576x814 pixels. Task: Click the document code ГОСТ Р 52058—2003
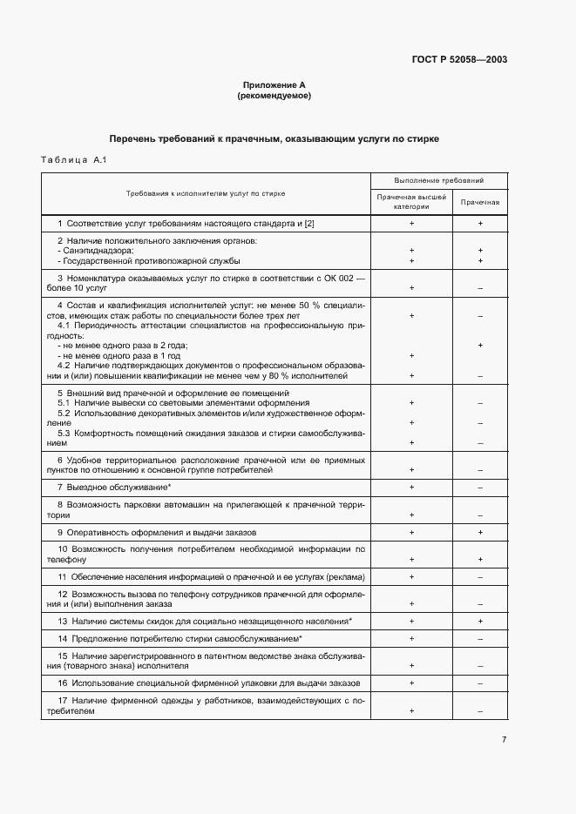click(459, 60)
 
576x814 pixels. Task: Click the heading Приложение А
click(274, 86)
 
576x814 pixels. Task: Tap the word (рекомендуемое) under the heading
click(274, 96)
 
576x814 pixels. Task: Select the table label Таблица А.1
click(73, 160)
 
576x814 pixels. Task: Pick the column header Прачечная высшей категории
click(411, 202)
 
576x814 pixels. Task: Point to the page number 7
click(504, 739)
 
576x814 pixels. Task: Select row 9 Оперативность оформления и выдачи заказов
click(156, 532)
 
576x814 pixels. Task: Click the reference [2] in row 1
click(308, 224)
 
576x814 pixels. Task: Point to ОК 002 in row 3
click(339, 277)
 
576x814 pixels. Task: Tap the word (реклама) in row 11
click(345, 576)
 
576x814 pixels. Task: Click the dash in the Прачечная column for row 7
click(480, 488)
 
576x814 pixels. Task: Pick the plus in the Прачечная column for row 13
click(480, 621)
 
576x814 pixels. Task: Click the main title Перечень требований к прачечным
click(274, 138)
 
